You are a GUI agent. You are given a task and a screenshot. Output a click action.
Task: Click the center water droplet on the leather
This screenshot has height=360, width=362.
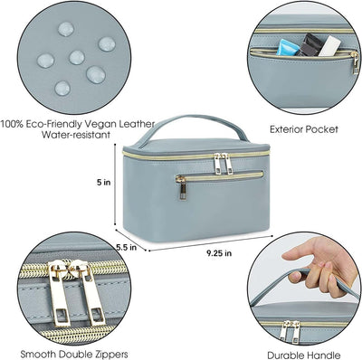click(x=76, y=57)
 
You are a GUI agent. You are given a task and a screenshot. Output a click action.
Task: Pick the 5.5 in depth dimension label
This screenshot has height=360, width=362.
click(x=125, y=245)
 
